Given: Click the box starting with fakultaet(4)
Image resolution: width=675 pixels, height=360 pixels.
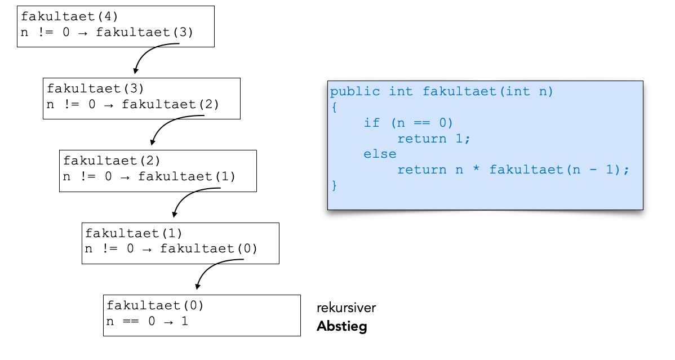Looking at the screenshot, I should (x=116, y=26).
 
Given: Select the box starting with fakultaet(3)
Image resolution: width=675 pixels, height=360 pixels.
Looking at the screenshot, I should (x=141, y=98).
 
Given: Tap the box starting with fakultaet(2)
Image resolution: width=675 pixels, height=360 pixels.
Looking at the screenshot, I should (x=158, y=171).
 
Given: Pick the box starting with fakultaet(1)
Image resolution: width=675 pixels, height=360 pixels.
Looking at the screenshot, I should (x=180, y=243).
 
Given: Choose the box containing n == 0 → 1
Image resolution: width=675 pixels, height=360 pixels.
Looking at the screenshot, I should (x=202, y=315).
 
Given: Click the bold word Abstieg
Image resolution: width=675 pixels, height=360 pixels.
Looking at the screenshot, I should (x=341, y=326).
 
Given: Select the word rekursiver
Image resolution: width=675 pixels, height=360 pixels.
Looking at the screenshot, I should (x=346, y=308).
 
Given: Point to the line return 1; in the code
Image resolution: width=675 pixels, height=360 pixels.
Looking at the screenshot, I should (x=433, y=139).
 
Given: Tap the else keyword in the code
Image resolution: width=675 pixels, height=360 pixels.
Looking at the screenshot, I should (x=380, y=154).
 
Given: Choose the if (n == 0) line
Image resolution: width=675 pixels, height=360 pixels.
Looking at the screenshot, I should (x=408, y=123).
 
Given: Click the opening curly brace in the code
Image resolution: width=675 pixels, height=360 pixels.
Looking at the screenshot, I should (x=334, y=107).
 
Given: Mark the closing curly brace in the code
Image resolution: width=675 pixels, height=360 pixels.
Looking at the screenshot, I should (x=334, y=185).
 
